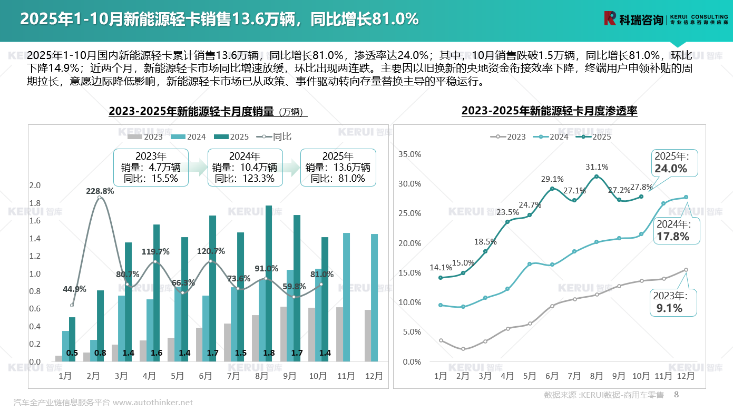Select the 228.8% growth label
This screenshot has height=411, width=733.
[100, 191]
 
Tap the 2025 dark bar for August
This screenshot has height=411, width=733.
[269, 283]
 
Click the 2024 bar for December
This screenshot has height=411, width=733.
[374, 298]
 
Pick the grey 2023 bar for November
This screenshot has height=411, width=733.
[340, 334]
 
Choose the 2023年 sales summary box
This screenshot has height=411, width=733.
[151, 168]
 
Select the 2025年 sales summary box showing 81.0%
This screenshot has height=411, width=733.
[338, 168]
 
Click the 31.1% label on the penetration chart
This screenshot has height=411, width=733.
[597, 167]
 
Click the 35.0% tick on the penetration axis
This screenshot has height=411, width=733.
[411, 154]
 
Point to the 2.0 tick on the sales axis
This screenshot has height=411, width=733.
[35, 185]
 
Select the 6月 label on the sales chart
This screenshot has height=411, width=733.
[206, 376]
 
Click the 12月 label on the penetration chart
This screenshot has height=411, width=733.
[686, 376]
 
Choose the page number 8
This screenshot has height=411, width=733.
[677, 394]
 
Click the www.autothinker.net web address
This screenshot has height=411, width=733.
[153, 403]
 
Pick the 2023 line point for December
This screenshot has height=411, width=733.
[686, 270]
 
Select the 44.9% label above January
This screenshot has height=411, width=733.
[74, 289]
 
